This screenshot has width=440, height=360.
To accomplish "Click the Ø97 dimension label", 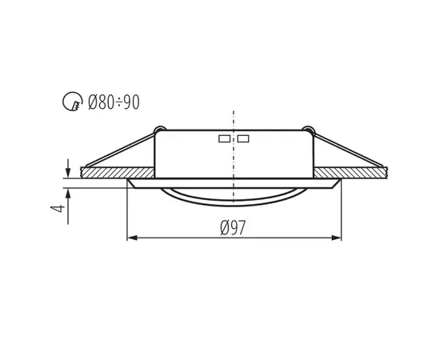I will pos(233,227).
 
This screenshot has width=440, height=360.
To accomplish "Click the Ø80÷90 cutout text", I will pos(114,102).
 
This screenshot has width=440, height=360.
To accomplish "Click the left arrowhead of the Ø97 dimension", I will pos(132,238).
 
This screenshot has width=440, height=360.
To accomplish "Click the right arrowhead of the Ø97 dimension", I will pos(337,238).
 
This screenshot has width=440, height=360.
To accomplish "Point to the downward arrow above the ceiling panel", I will pos(69,170).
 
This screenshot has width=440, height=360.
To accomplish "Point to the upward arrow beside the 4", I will pos(69,194).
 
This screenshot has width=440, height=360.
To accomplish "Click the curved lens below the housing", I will pos(233,195).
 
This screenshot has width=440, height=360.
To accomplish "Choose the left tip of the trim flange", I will pos(129,182).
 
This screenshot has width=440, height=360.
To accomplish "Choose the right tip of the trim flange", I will pos(341,182).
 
